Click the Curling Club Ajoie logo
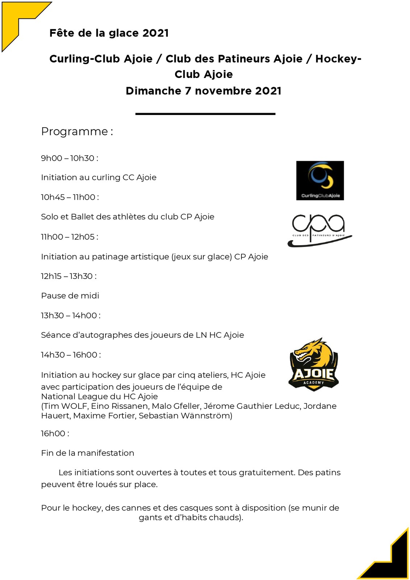(320, 180)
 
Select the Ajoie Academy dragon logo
(314, 365)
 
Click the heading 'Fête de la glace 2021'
(109, 33)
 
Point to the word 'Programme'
(75, 131)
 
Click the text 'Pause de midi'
(70, 296)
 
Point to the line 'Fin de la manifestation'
(87, 453)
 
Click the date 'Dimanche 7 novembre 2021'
(203, 91)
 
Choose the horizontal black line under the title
(205, 114)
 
